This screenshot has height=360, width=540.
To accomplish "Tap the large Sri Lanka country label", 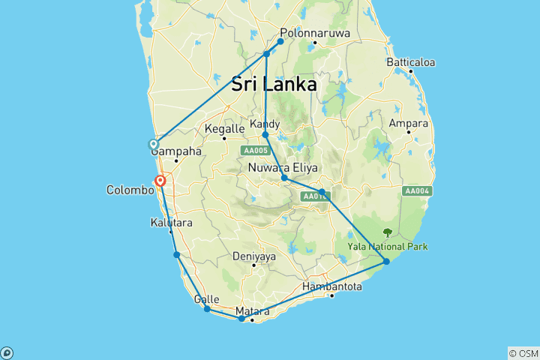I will tap(274, 85).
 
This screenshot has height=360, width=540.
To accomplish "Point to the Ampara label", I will tap(408, 123).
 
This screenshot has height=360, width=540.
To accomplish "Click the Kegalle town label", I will tap(224, 129).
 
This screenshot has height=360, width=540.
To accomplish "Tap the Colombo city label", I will tap(130, 190).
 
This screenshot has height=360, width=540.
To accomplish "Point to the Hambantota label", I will tap(332, 286).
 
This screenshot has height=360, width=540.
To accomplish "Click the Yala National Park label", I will tap(387, 246).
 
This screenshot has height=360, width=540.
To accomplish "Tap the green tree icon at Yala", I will tap(388, 232).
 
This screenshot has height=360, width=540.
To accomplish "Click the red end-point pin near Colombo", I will tap(160, 181).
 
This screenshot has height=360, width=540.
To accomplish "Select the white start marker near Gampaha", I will tap(154, 144).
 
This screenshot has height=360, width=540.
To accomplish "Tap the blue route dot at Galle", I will tap(207, 309).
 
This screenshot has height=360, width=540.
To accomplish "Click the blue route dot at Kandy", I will tap(265, 135).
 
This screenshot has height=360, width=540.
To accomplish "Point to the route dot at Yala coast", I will tap(386, 261).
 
